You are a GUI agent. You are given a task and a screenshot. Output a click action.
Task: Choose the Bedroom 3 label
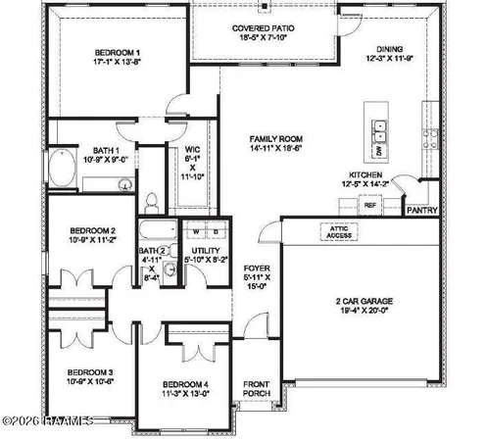click(x=89, y=372)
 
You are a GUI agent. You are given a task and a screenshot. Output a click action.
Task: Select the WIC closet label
click(x=193, y=149)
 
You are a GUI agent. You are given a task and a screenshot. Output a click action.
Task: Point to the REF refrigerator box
click(x=370, y=206)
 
